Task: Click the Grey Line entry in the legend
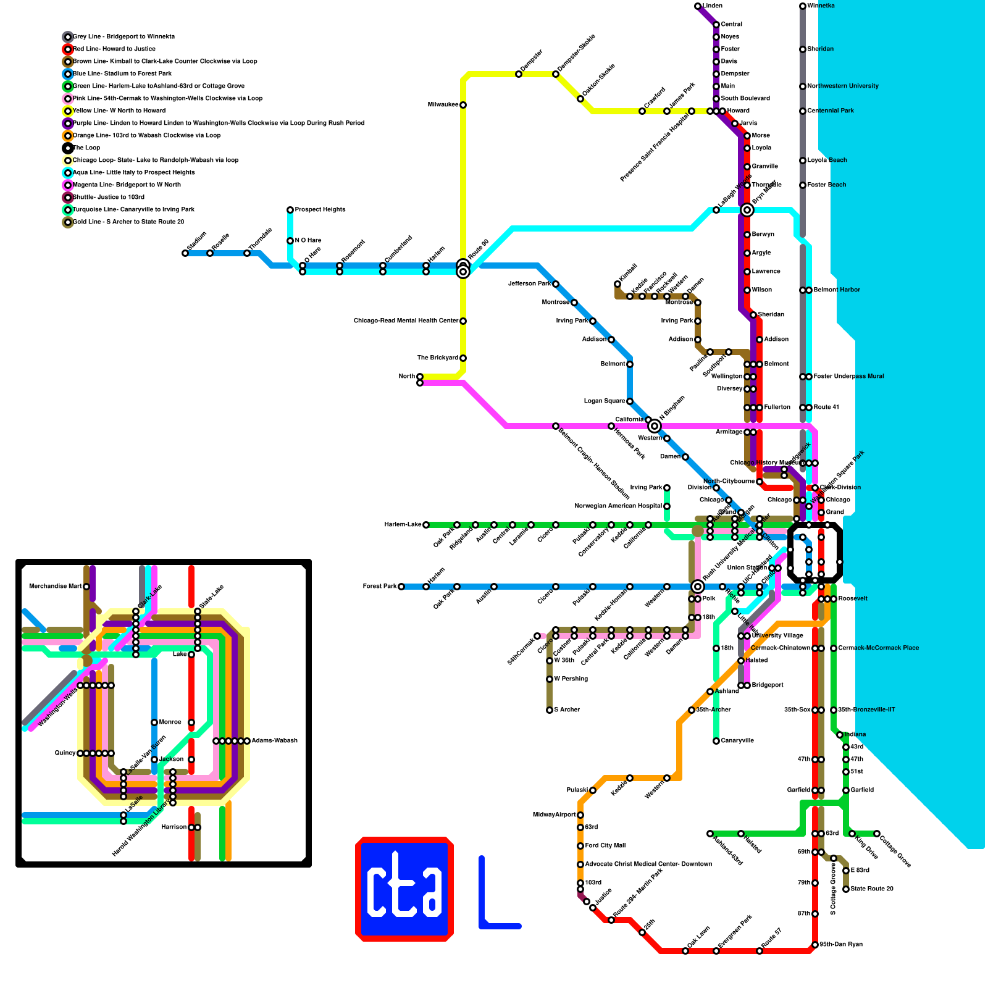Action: click(124, 37)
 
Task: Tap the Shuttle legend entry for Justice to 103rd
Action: click(109, 198)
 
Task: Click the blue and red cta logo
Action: click(404, 889)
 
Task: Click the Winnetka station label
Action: click(821, 6)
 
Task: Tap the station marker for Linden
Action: click(698, 6)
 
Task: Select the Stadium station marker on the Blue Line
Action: click(185, 253)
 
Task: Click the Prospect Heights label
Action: click(320, 210)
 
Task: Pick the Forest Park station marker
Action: click(401, 587)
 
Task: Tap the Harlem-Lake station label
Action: click(403, 525)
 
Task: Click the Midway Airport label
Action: click(554, 815)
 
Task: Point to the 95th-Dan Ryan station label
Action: click(840, 945)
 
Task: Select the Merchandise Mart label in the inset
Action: click(55, 587)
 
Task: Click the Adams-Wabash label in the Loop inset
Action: click(274, 741)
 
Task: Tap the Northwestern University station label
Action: click(843, 86)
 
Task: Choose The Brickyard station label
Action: click(437, 358)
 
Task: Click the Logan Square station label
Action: click(605, 401)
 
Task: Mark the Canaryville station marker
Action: click(716, 741)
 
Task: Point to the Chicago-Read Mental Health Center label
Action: click(406, 321)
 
